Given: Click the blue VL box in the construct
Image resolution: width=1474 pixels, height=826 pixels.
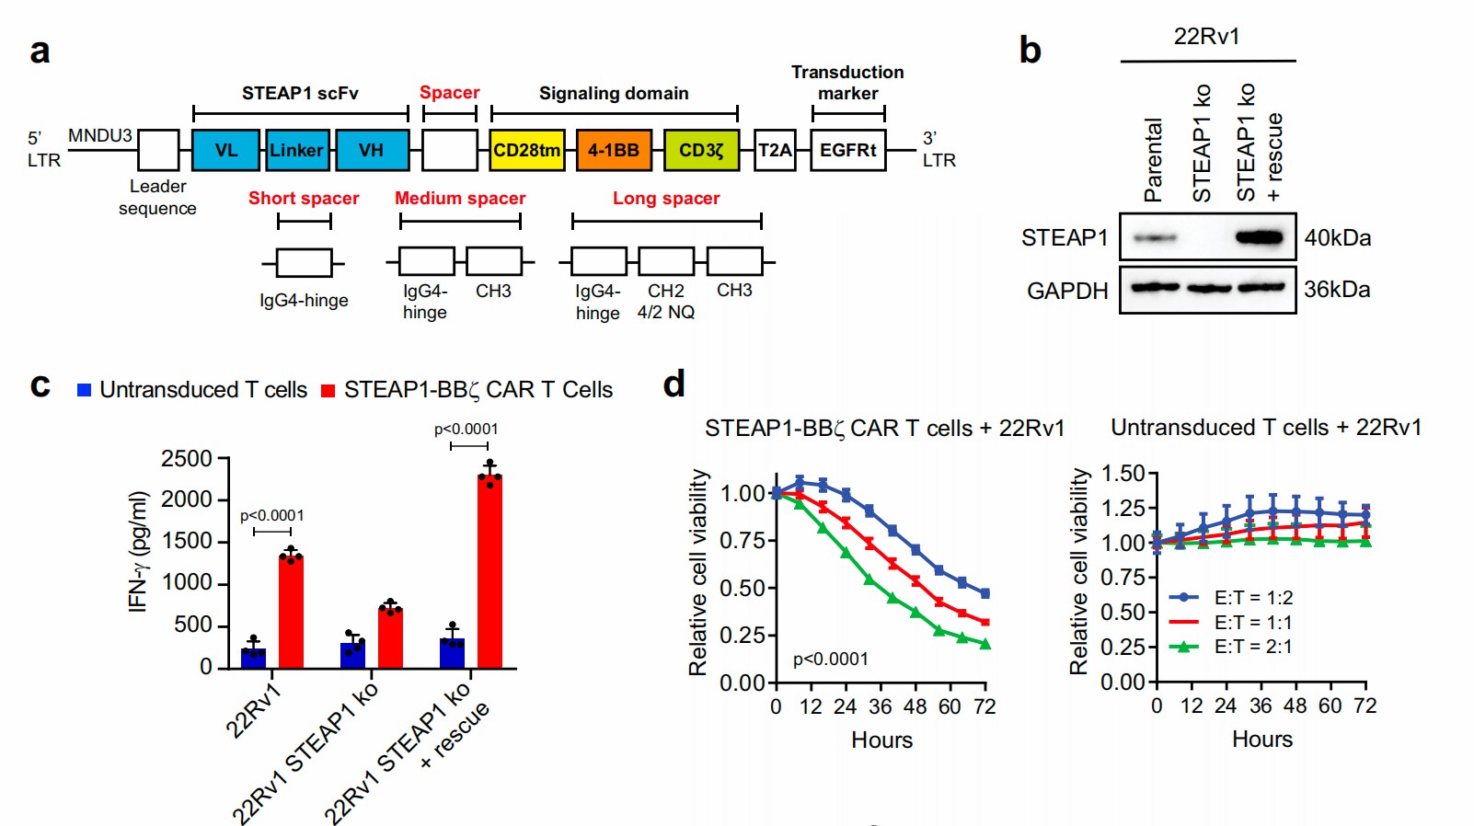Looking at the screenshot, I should click(x=225, y=150).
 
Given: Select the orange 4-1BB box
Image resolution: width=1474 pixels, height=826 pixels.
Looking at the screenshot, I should click(x=614, y=150).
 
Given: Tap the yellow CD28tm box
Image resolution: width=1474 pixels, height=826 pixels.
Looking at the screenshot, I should click(x=526, y=150).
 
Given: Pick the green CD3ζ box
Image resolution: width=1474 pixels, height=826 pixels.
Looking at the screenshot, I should click(x=701, y=150).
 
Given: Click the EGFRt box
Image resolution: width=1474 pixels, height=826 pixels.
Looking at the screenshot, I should click(x=847, y=150).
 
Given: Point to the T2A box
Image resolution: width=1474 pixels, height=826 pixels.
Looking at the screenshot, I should click(x=775, y=150).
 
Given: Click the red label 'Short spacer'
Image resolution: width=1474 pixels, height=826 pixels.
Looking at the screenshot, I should click(x=304, y=198).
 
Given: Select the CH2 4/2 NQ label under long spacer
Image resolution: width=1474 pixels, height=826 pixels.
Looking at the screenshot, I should click(x=666, y=302).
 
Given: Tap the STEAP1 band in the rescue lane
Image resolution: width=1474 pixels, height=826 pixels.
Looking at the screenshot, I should click(x=1260, y=237).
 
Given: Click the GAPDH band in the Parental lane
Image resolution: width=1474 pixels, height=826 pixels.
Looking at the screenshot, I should click(x=1155, y=287).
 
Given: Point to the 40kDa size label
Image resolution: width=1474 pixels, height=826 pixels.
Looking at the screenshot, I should click(x=1337, y=237).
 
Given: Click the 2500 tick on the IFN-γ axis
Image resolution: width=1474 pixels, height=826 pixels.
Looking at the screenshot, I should click(x=187, y=458).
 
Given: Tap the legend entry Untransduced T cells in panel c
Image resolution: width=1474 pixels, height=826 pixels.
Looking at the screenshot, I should click(x=193, y=390).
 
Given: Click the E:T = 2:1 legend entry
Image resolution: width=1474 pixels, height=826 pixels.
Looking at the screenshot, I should click(x=1252, y=647).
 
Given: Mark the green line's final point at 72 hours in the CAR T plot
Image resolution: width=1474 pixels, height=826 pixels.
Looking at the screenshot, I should click(x=985, y=644).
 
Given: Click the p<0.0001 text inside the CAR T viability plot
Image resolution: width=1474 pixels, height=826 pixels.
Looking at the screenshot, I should click(x=830, y=659).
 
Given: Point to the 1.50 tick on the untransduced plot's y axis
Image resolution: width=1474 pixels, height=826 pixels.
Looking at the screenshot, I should click(x=1123, y=474).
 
